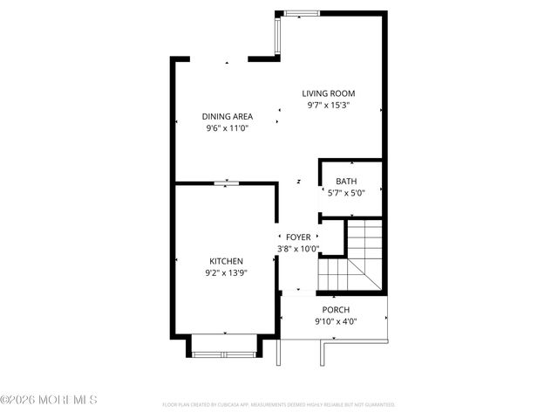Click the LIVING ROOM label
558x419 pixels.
point(329,93)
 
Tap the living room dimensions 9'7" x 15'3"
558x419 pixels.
point(329,106)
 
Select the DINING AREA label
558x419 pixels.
point(228,116)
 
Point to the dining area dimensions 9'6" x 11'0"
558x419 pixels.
point(228,128)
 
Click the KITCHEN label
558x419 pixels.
point(226,261)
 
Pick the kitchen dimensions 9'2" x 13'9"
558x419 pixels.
point(226,273)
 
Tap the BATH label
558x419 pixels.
point(346,182)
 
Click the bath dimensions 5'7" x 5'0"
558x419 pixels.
point(346,193)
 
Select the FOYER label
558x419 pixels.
point(298,237)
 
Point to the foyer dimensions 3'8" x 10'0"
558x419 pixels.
point(298,249)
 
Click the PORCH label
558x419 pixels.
point(336,310)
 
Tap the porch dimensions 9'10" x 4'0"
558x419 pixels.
point(336,321)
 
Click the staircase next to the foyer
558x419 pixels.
point(351,258)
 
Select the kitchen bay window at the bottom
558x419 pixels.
point(223,353)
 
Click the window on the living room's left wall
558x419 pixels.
point(277,35)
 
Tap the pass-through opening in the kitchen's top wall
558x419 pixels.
point(227,182)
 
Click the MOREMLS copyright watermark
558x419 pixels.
point(49,401)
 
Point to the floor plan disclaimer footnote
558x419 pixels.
point(279,405)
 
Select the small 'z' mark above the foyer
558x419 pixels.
point(298,182)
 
